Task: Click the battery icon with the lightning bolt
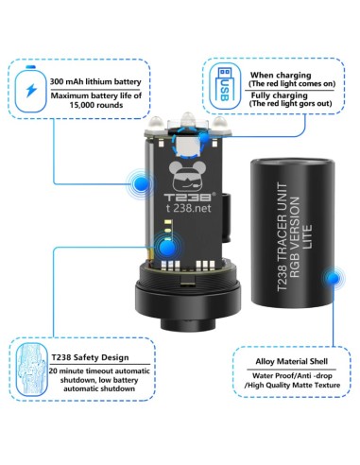30,89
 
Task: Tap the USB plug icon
225,85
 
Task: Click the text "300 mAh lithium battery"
95,82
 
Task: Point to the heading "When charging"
281,76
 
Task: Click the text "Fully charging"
279,95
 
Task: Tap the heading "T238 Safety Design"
91,357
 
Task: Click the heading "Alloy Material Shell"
292,361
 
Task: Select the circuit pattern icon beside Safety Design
31,369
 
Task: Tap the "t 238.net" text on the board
188,208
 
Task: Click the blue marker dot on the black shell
333,278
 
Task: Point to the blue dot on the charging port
204,137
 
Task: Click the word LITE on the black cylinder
307,237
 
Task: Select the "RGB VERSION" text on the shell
294,237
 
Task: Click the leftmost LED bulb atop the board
156,123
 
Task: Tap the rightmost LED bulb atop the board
219,123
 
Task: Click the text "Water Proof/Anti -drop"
292,375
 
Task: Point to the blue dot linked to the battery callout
141,184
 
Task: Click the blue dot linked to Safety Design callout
167,248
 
